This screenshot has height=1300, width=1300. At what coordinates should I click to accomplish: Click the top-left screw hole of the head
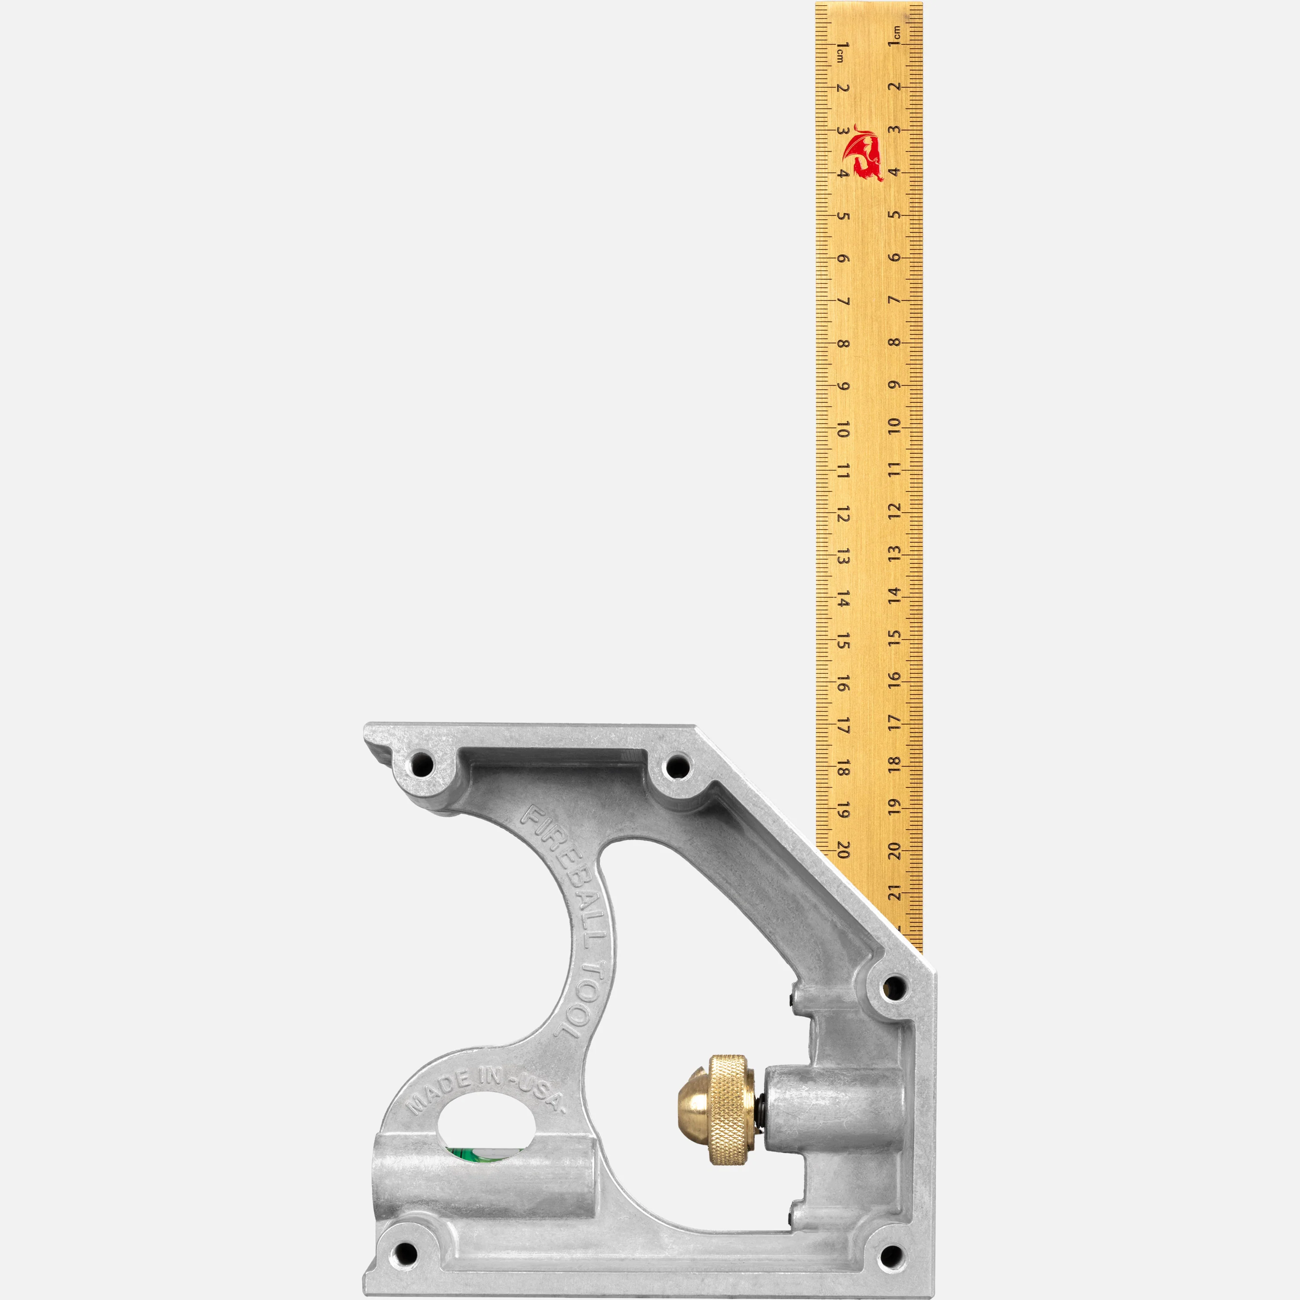click(422, 764)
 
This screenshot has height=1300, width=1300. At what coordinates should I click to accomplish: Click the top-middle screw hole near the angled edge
click(676, 766)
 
